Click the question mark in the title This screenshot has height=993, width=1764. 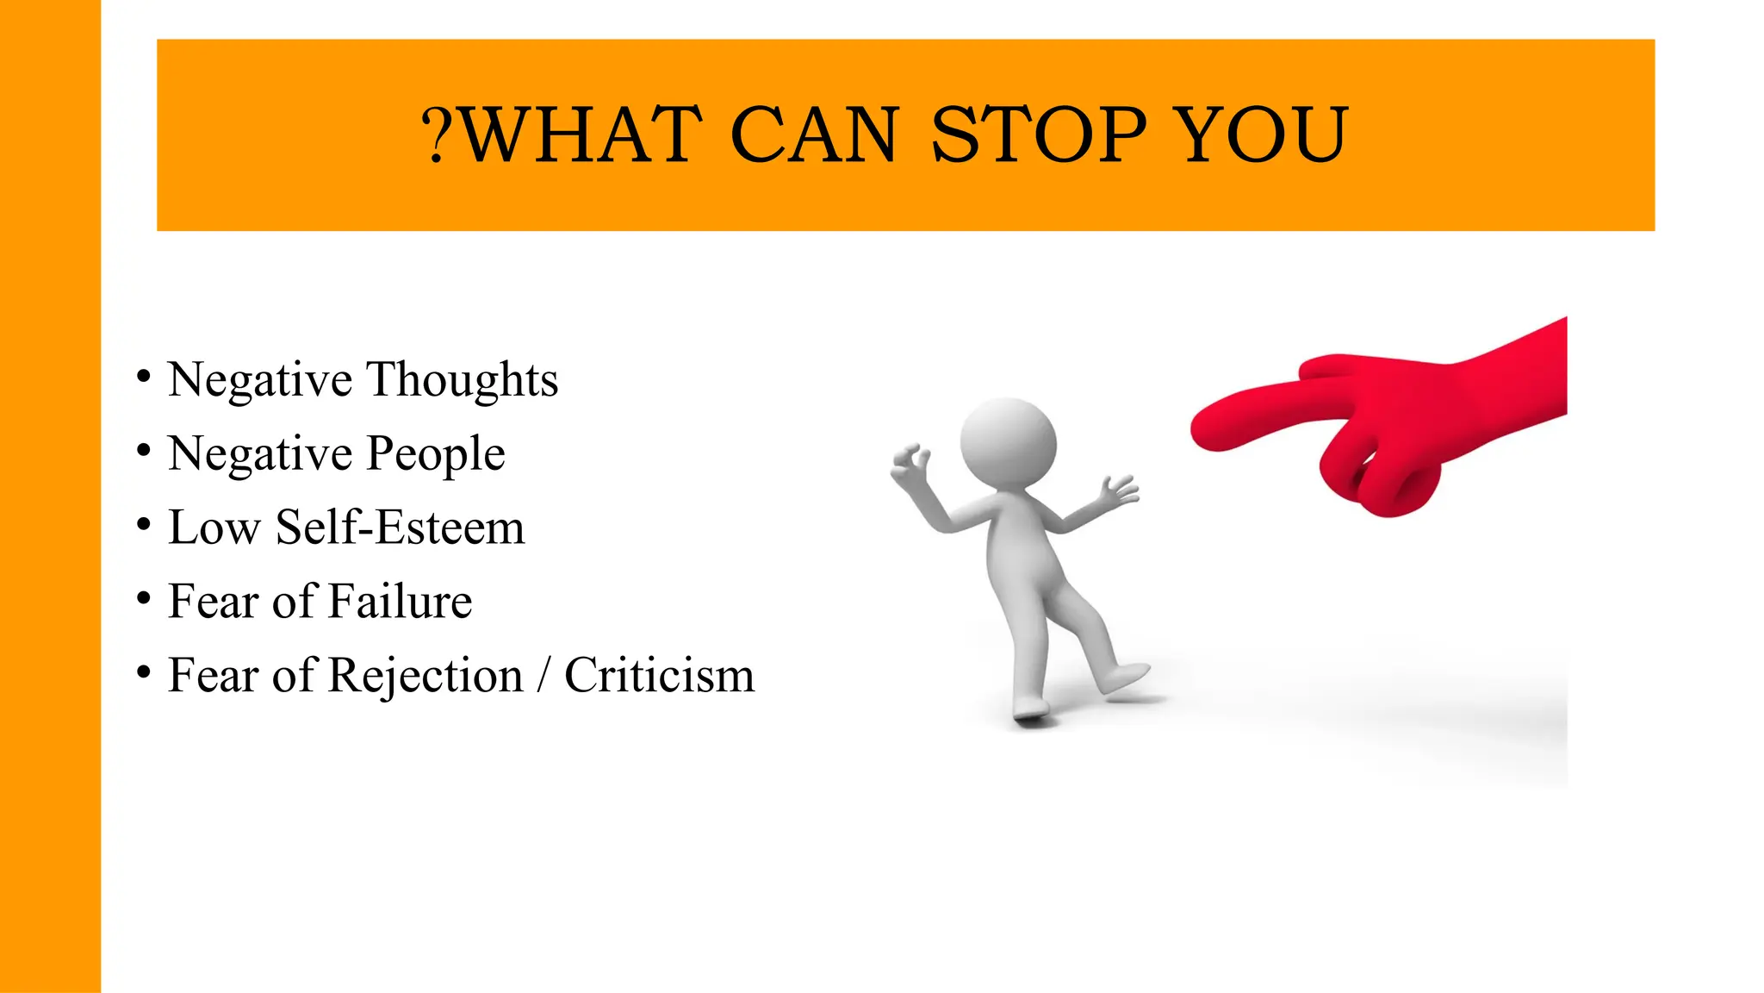[436, 135]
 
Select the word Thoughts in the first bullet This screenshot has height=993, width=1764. [463, 379]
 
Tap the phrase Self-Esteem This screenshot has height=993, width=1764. [400, 528]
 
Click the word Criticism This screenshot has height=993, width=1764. [659, 675]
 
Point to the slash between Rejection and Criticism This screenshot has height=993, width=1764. [543, 675]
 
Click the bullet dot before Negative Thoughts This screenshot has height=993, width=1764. [144, 377]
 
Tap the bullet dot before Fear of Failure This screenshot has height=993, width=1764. [144, 598]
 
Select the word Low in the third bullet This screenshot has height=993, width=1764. [214, 528]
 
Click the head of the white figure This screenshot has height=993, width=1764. [1009, 445]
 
